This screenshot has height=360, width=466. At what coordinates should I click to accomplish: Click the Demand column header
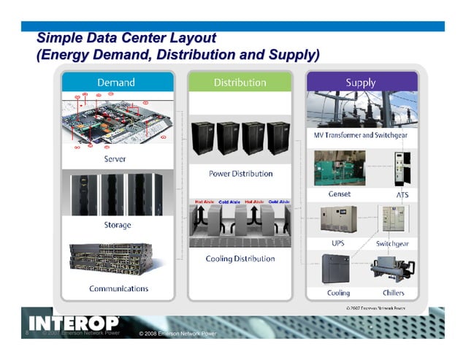116,83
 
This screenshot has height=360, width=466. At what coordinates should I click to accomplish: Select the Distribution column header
240,83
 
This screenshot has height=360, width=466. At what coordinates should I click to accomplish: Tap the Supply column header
361,83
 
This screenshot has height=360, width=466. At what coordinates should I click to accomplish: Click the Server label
115,158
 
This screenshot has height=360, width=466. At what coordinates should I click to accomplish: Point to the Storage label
117,225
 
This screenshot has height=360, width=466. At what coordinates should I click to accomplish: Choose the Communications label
118,288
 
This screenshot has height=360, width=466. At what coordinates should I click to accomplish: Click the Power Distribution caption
240,174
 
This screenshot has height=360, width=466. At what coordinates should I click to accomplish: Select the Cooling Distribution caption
240,258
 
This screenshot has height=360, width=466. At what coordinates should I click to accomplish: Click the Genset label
340,194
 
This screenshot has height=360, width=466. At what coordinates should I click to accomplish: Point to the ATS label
402,195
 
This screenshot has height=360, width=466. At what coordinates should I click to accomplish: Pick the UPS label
338,242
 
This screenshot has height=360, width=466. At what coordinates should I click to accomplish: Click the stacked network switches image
117,259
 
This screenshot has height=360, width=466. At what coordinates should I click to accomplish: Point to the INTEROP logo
73,323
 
